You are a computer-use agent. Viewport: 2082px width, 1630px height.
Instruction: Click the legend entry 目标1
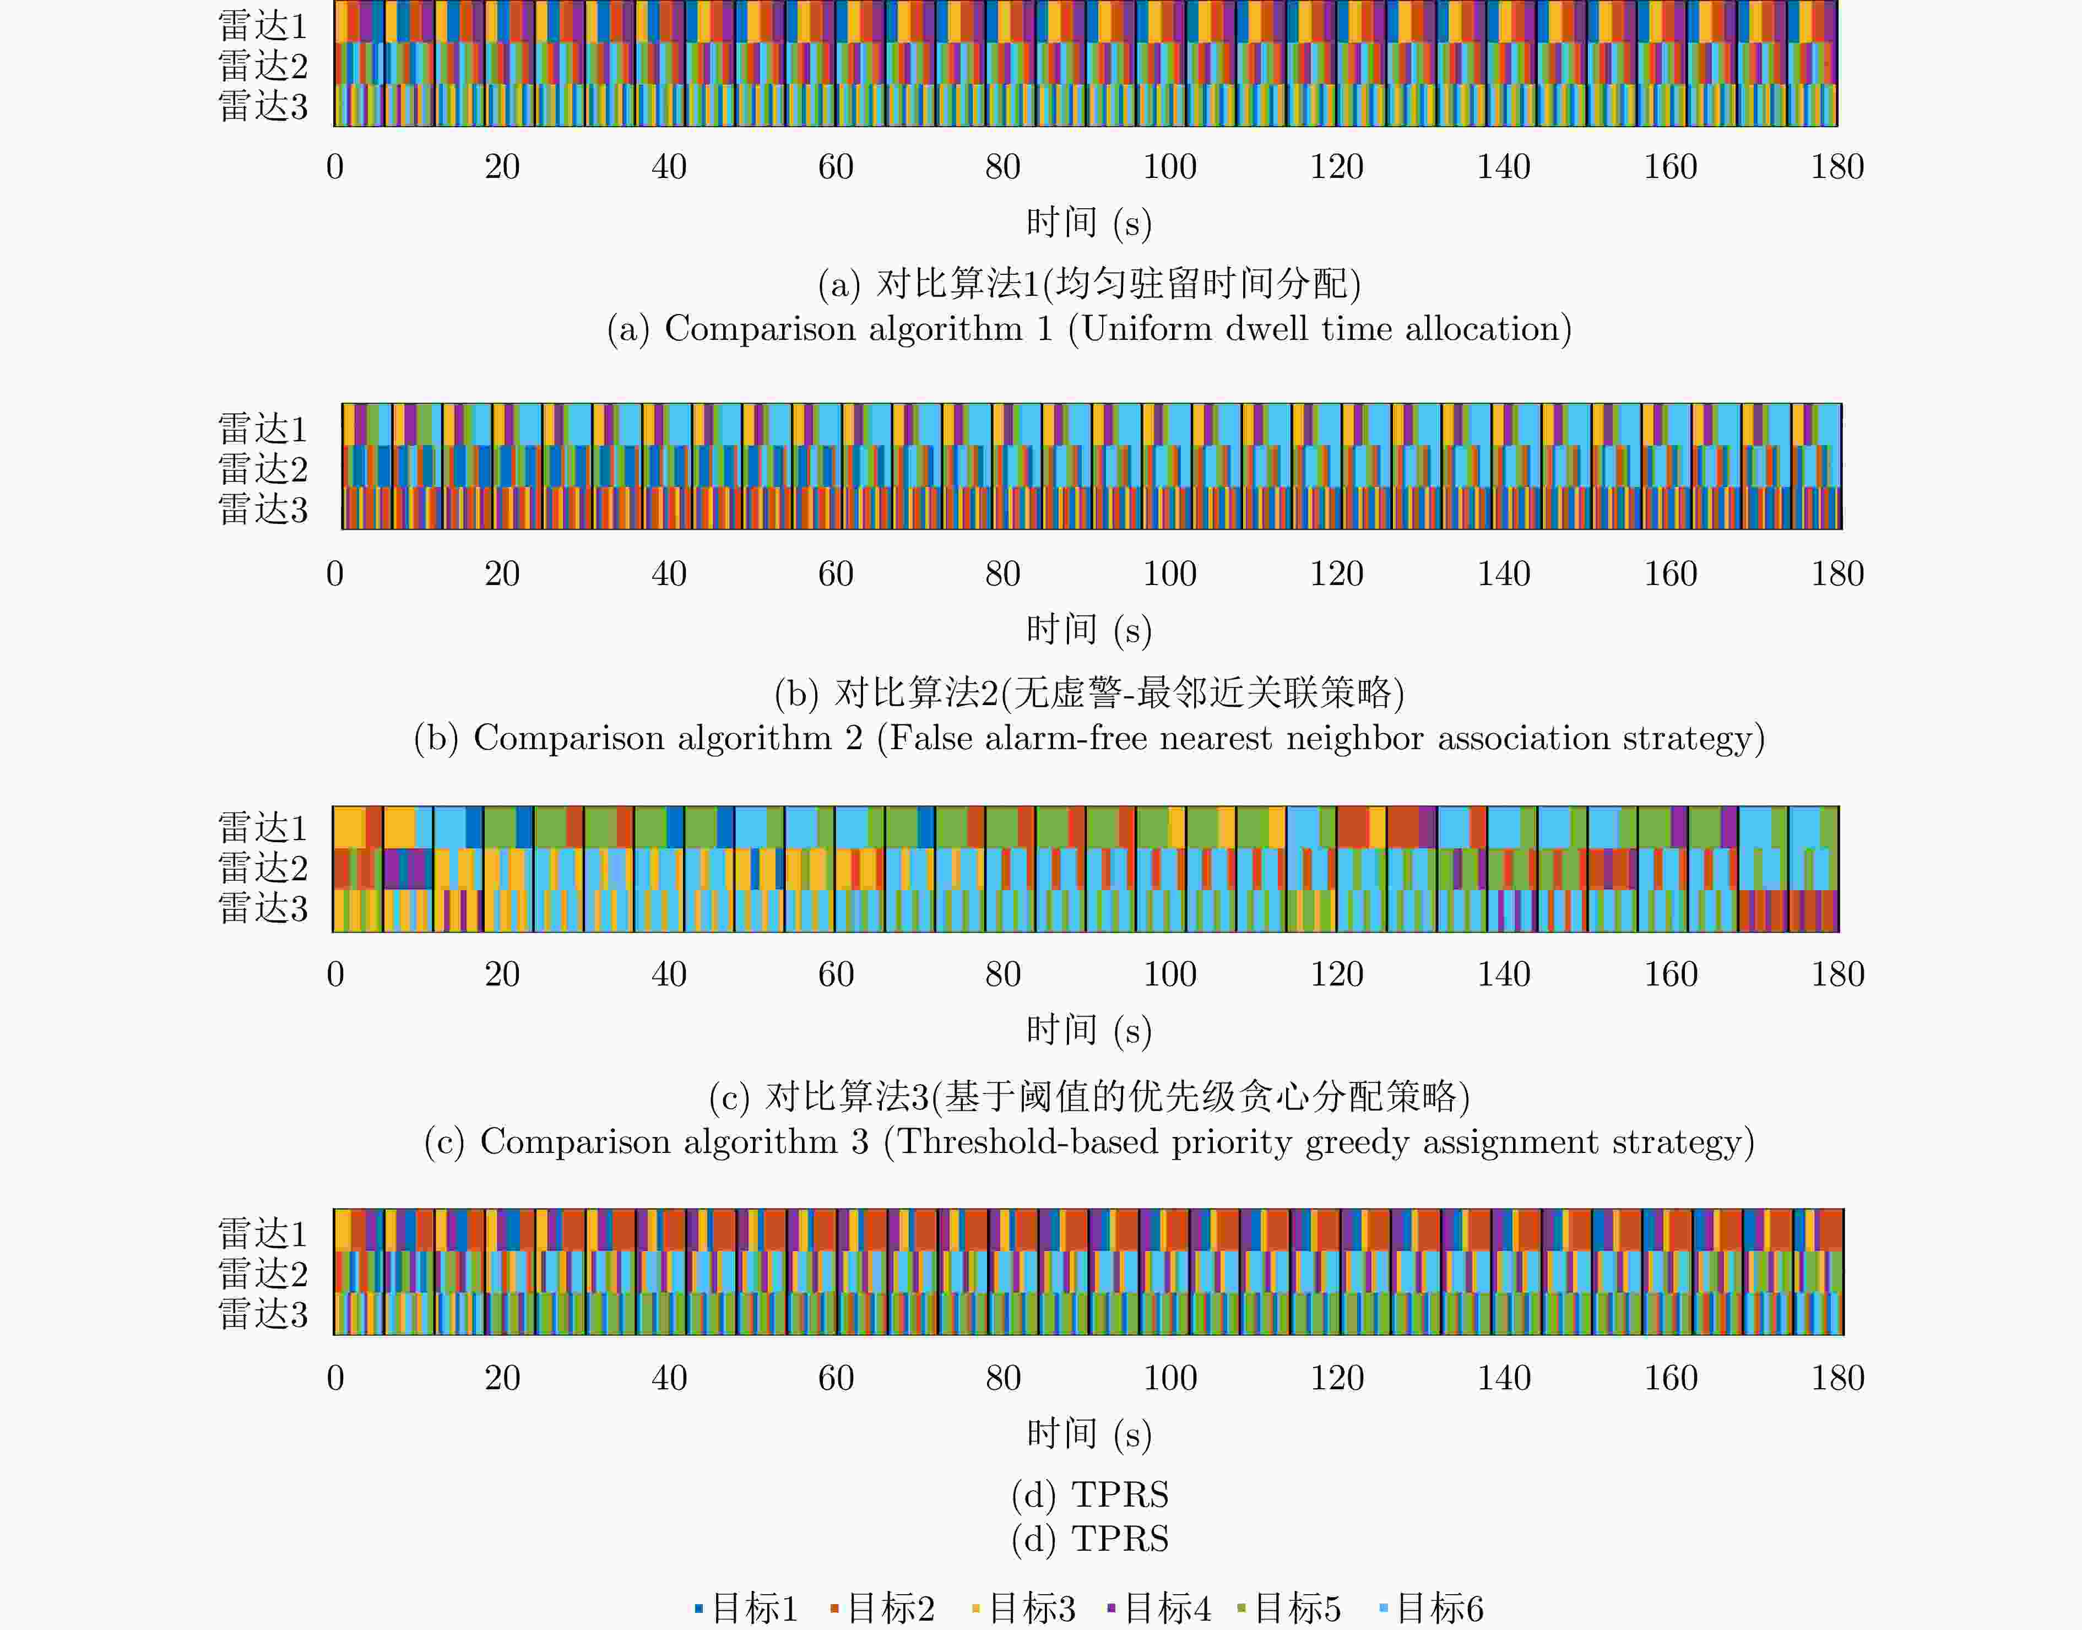(746, 1608)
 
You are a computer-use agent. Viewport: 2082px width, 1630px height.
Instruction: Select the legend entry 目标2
(882, 1608)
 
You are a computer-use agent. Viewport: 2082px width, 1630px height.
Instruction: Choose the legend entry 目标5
(1289, 1608)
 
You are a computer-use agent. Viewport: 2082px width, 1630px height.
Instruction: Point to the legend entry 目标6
(1432, 1608)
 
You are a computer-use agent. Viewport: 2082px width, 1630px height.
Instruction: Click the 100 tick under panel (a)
(1170, 167)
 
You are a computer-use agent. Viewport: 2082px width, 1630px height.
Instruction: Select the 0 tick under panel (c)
(335, 974)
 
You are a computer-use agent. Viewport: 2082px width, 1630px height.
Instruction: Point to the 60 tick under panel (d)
(836, 1378)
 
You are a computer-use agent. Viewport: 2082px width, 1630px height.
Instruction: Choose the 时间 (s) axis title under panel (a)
(1089, 223)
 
